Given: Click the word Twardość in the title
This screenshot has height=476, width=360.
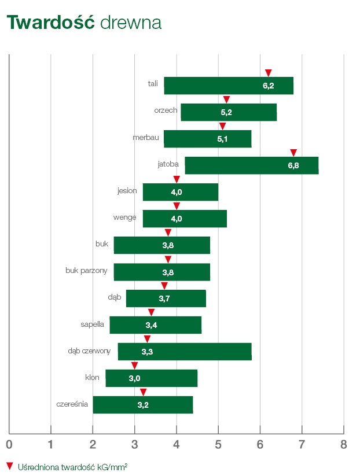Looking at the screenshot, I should (x=50, y=23).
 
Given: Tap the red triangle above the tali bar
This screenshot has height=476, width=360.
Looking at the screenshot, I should (x=268, y=72).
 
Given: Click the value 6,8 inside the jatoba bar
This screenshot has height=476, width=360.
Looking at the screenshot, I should (x=293, y=165).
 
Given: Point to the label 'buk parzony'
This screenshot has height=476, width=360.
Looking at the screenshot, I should (x=86, y=270).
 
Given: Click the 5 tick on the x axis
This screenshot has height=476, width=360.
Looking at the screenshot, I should (x=218, y=445).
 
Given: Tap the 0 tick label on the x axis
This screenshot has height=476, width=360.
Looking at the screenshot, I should (x=9, y=445).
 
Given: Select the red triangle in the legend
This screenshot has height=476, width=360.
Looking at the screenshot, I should (x=9, y=465).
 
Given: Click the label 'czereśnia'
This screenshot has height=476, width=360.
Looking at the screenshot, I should (x=72, y=404).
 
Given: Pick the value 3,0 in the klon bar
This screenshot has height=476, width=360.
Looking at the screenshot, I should (x=135, y=378).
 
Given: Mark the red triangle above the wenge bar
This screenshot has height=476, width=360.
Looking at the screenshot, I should (x=177, y=206).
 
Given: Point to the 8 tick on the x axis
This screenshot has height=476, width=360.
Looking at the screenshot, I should (x=343, y=445).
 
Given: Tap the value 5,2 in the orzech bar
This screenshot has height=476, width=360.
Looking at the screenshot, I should (x=226, y=112).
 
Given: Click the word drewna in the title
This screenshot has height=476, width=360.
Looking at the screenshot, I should (x=130, y=23).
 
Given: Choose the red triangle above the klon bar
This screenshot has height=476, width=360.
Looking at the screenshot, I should (x=135, y=366).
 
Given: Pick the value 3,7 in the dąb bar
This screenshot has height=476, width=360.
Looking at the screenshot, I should (x=164, y=298).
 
